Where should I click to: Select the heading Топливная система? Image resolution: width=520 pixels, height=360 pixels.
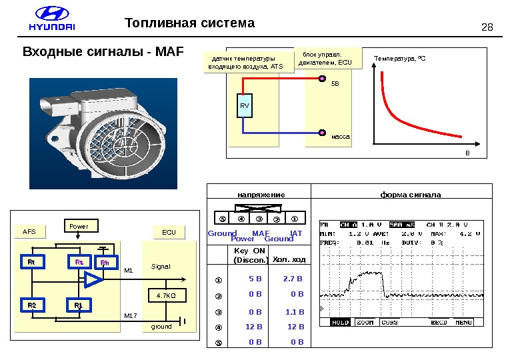coord(190,24)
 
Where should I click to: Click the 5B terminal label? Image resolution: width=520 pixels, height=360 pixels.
coord(335,85)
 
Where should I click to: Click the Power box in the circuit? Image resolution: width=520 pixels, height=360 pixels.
coord(81,226)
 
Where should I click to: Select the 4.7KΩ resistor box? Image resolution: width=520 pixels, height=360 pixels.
coord(166,295)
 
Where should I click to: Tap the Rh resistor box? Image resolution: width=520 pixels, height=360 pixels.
coord(105,263)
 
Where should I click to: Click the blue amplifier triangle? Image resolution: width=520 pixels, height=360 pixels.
coord(93,281)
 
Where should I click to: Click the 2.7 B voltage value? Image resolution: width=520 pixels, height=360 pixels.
coord(293,279)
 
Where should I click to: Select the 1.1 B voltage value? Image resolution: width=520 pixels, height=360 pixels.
coord(293,311)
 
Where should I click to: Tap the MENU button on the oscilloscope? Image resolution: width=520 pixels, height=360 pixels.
coord(464,323)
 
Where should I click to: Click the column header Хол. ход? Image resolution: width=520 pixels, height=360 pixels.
coord(289,259)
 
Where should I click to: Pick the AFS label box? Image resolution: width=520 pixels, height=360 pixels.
coord(29,232)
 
